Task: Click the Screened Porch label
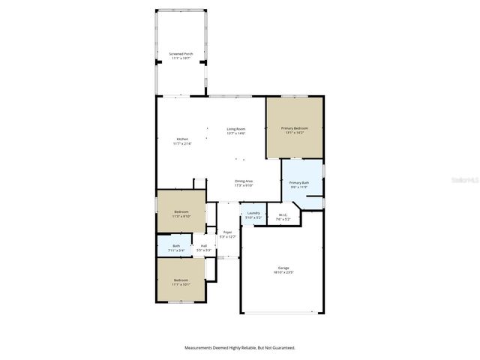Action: click(x=181, y=54)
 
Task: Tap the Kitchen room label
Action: click(x=182, y=139)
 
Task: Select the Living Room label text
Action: click(x=236, y=129)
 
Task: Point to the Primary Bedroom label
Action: click(x=295, y=129)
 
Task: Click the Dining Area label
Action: click(x=244, y=181)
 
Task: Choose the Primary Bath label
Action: click(x=300, y=183)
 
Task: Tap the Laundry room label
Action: click(x=253, y=214)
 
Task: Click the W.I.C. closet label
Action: click(x=283, y=215)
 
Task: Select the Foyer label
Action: click(x=227, y=232)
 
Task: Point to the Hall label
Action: click(x=203, y=246)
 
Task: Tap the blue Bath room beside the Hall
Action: click(x=176, y=246)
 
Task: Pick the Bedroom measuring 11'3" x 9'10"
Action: click(x=181, y=212)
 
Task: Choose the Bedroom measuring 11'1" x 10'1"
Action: click(x=181, y=280)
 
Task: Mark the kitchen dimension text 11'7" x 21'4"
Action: click(x=182, y=143)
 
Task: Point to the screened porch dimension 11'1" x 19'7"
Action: click(x=181, y=58)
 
